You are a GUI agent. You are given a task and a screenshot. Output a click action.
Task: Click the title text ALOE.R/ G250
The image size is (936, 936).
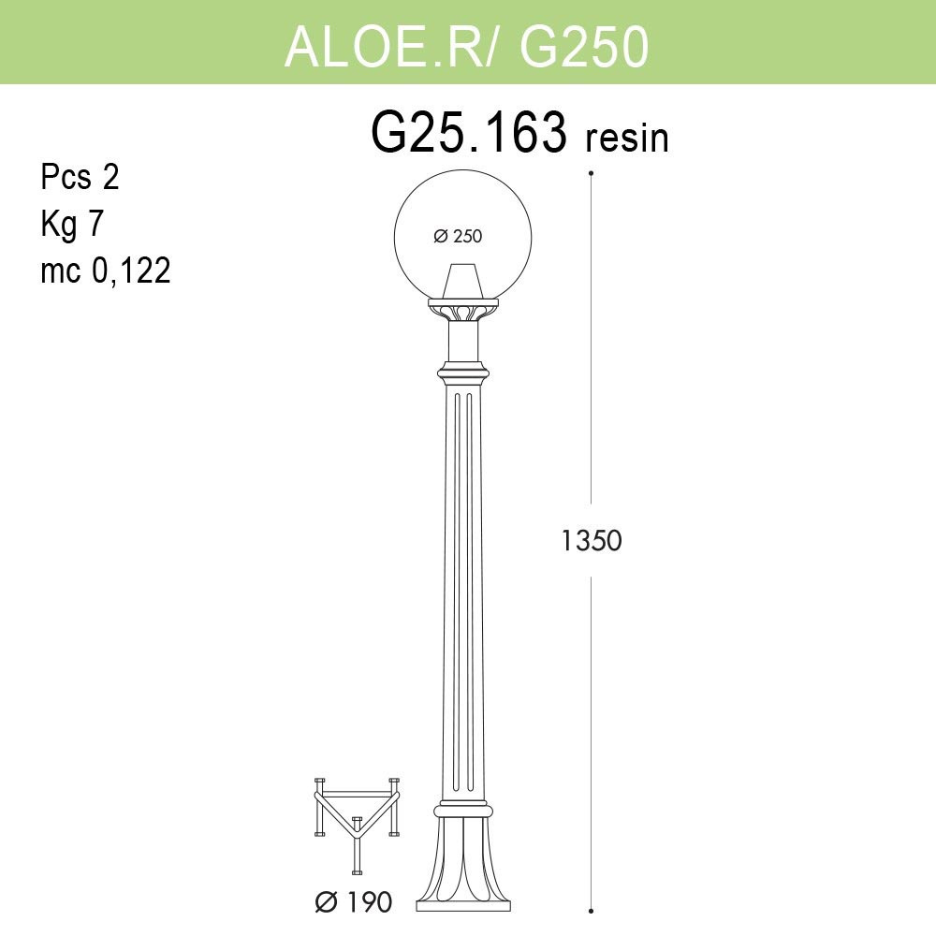point(466,46)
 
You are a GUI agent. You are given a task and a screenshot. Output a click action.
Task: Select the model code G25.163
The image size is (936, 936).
point(469,133)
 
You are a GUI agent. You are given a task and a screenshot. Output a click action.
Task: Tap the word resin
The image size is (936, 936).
point(627,139)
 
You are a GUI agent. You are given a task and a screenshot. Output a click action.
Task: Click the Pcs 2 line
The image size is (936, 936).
point(80,177)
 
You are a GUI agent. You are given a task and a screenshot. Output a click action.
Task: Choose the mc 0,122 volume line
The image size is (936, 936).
point(106,271)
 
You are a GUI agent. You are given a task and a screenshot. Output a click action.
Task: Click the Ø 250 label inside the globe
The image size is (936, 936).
point(458,237)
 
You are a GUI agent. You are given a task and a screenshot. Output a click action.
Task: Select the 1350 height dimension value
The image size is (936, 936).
point(592,540)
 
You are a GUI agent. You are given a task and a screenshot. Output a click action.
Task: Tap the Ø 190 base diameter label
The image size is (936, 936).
point(354,902)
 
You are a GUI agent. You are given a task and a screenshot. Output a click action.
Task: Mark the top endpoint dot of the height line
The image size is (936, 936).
point(591,173)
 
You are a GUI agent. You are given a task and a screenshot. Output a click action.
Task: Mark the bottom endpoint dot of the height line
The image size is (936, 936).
point(591,909)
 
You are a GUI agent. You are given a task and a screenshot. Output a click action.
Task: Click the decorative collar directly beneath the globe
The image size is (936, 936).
point(462,308)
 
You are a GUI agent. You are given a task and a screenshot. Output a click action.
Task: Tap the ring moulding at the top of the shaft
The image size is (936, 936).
point(462,373)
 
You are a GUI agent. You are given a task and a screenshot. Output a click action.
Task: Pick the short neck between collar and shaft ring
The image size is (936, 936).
point(462,342)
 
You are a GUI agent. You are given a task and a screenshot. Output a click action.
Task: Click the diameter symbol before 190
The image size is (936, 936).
point(327,902)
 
